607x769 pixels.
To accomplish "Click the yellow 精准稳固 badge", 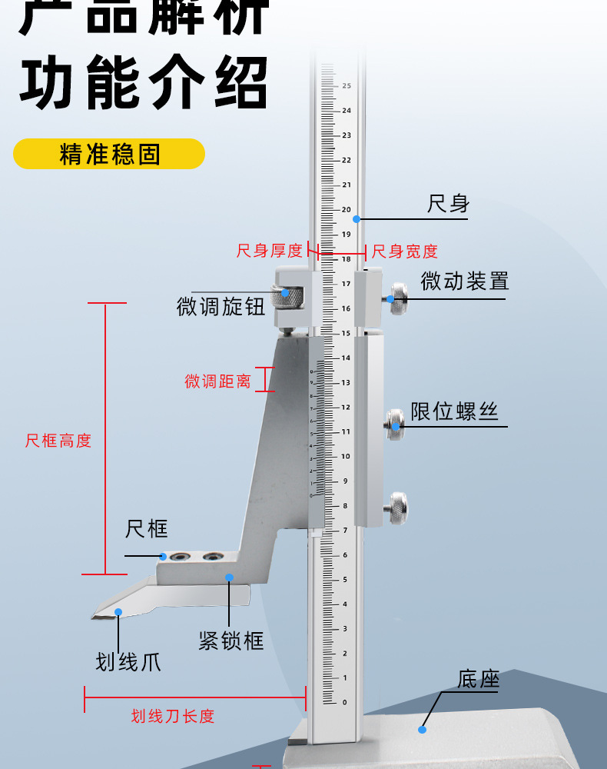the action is (109, 154).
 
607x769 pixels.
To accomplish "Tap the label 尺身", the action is (448, 204).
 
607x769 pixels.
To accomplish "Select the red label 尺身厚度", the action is (269, 251).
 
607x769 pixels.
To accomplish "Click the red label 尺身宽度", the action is (405, 251).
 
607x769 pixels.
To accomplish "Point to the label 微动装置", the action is (464, 281).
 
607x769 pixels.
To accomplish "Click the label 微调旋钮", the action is (221, 308).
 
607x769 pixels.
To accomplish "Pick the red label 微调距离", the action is (217, 381).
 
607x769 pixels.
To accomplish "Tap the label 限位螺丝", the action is (454, 411).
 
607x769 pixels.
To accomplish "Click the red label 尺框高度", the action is (58, 441).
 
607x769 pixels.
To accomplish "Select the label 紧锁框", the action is (231, 640).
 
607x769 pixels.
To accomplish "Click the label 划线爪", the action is (128, 661).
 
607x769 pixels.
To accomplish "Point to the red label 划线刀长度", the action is (173, 717).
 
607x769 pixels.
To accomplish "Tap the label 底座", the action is (479, 680).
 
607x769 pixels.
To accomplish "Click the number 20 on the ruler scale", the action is (346, 209).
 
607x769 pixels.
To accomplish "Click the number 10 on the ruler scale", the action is (346, 456).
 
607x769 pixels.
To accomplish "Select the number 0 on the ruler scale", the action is (344, 702).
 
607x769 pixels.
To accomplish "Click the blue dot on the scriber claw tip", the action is (118, 612).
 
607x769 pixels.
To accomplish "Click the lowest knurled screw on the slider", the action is (396, 508).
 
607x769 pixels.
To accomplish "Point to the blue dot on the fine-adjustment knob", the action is (285, 292).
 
